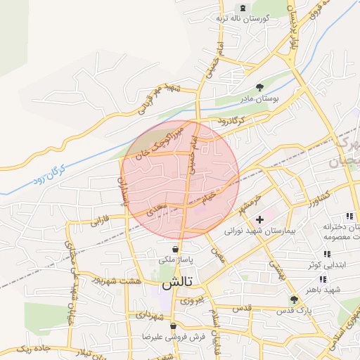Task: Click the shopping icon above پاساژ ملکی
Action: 175,250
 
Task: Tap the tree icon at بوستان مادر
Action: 260,88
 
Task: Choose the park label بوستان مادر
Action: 260,100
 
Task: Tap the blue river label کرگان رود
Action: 49,175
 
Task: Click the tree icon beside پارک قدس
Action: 294,300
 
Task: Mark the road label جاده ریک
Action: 34,349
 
